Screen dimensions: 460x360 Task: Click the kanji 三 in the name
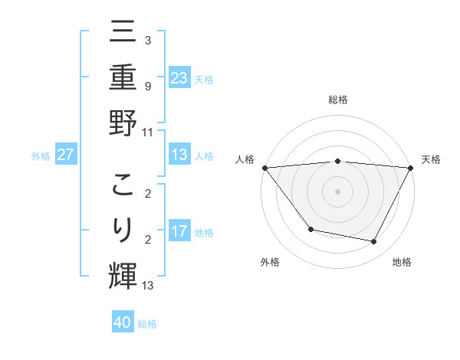coord(123,34)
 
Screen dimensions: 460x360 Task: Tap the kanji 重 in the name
coord(123,77)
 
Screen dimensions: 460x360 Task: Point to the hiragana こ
coord(123,186)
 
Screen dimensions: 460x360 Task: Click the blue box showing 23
coord(179,77)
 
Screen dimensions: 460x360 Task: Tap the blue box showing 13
coord(179,155)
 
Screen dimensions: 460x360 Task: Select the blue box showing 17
coord(179,231)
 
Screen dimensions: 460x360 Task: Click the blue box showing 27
coord(66,155)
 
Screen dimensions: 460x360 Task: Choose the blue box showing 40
coord(123,322)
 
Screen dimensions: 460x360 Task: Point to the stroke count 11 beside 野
coord(147,132)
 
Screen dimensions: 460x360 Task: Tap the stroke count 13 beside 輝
coord(147,286)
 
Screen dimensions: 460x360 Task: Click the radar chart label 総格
coord(337,100)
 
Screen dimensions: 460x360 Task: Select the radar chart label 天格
coord(432,159)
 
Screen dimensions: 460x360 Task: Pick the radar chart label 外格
coord(270,262)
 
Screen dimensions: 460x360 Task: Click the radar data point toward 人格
coord(264,168)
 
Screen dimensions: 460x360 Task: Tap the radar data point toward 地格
coord(374,242)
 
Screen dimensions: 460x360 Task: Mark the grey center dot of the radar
coord(337,191)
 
